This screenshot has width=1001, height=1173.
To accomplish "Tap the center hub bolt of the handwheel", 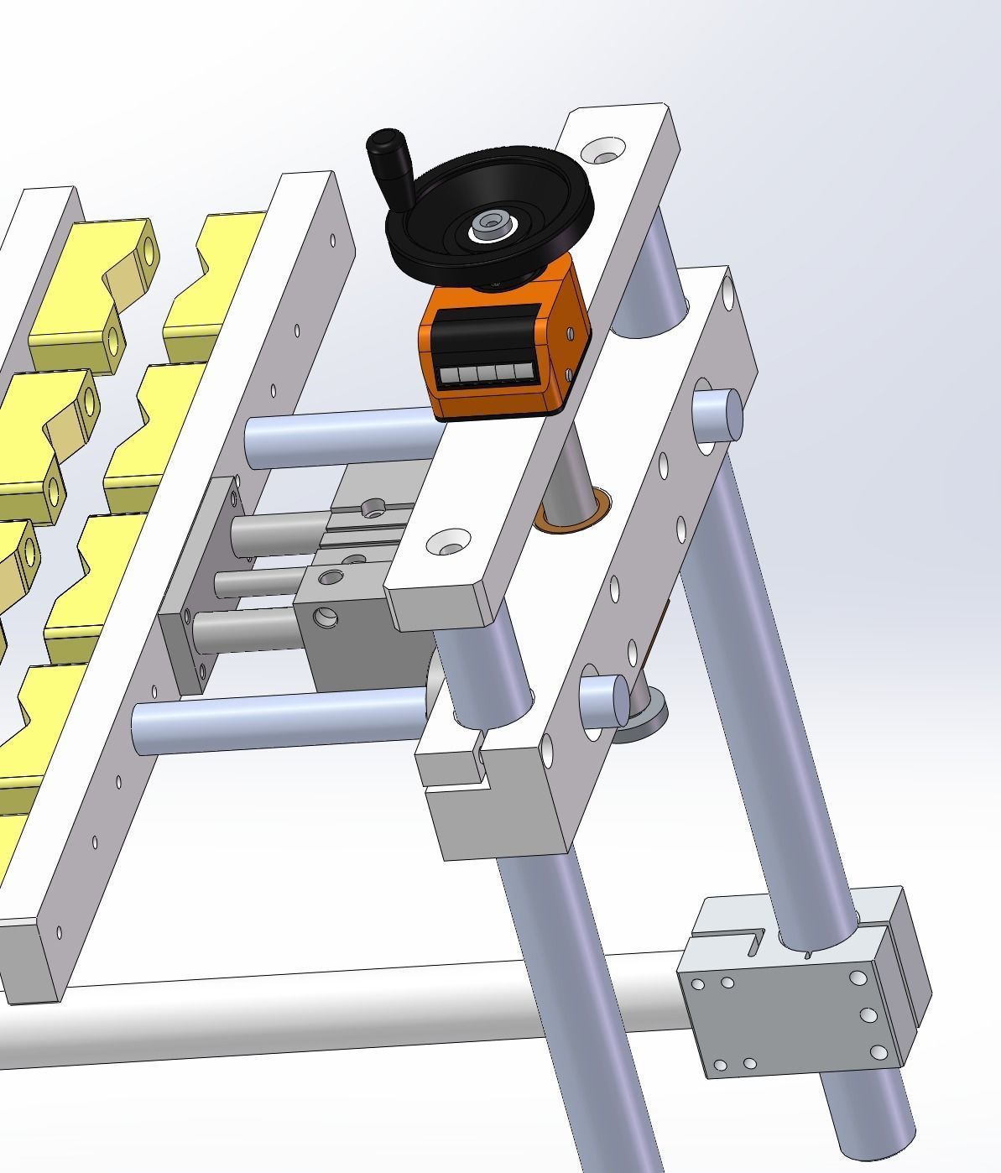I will (x=487, y=224).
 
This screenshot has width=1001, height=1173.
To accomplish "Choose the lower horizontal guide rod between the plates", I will (x=277, y=717).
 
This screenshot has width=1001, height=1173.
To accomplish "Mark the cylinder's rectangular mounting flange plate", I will (x=193, y=587).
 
